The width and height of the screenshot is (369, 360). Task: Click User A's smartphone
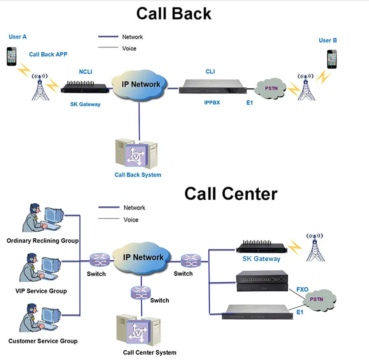(12, 56)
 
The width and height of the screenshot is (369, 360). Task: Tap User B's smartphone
(332, 59)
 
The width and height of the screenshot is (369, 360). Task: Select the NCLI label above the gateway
(86, 71)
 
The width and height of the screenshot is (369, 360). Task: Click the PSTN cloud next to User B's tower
(271, 88)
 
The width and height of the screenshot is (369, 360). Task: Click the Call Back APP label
(48, 55)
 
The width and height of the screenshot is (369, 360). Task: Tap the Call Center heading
(230, 194)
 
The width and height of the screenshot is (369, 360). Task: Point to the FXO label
(302, 289)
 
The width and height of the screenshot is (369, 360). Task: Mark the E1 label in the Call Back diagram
(252, 103)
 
